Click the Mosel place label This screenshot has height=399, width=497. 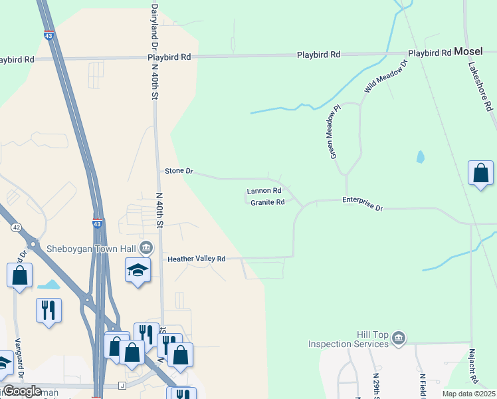[x=468, y=51]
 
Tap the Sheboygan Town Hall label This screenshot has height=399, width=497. [x=90, y=249]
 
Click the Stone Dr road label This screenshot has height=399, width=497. [x=179, y=171]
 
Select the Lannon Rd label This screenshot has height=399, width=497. [x=264, y=191]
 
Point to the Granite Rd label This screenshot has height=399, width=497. [x=268, y=202]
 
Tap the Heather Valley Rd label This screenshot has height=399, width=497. [x=197, y=259]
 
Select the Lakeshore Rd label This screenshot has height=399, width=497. [x=480, y=86]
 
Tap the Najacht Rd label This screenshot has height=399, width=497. [x=473, y=366]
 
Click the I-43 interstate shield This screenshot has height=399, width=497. [x=97, y=225]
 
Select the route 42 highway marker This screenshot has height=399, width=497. [x=16, y=227]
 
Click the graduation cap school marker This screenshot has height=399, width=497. [x=138, y=270]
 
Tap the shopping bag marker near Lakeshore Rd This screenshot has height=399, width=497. [x=480, y=173]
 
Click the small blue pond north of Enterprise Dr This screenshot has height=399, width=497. [x=420, y=158]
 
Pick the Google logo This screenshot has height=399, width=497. [x=22, y=391]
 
